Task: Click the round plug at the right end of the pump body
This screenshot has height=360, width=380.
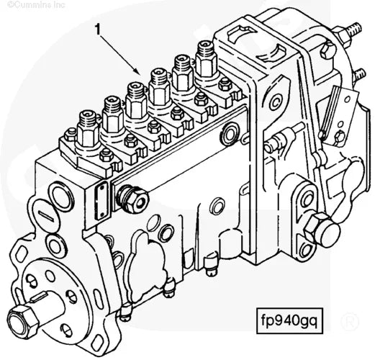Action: (x=232, y=132)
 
